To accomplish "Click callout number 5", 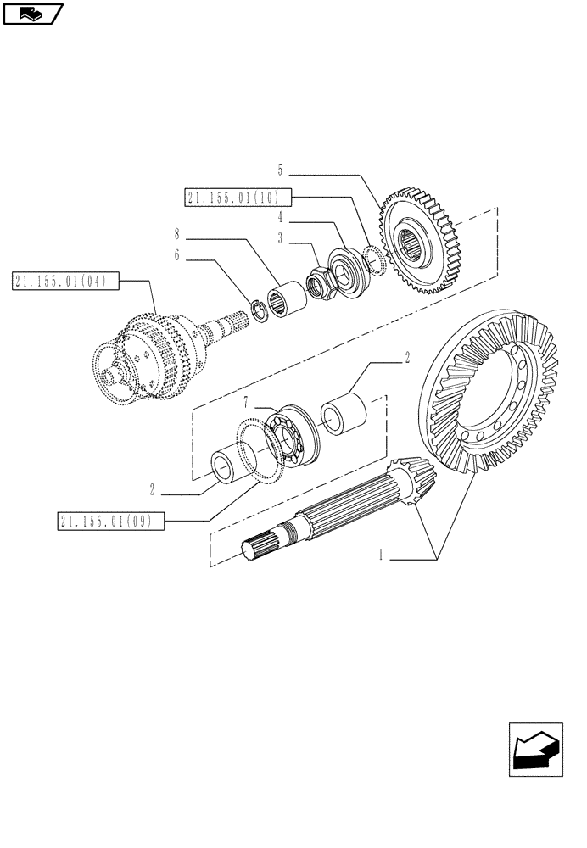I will pos(280,170).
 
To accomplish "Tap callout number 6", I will pos(177,254).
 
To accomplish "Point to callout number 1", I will pos(382,555).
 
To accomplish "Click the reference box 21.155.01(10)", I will pos(237,198).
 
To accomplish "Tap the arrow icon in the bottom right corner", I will pos(535,749).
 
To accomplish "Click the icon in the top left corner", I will pos(31,13).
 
